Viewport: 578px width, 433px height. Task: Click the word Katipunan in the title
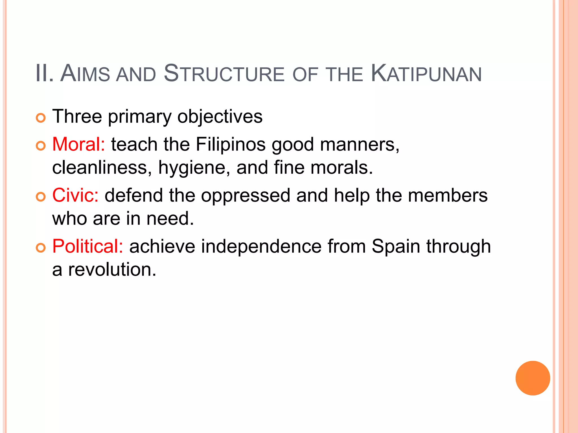(x=426, y=74)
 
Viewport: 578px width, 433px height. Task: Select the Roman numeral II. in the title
(x=45, y=74)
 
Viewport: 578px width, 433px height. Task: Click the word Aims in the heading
(x=85, y=74)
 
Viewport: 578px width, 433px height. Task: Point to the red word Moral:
(x=78, y=144)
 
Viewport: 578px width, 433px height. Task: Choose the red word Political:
(x=87, y=246)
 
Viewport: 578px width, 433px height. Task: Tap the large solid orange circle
(x=533, y=378)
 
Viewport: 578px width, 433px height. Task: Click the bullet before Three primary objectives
(x=41, y=118)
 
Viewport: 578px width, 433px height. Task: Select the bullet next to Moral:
(x=41, y=146)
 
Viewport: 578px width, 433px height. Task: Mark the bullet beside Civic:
(x=41, y=197)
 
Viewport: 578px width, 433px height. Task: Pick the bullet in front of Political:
(x=41, y=248)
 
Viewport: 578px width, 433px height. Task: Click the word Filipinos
(x=231, y=144)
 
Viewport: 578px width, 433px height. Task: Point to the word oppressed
(x=246, y=196)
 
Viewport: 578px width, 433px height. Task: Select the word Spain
(x=396, y=247)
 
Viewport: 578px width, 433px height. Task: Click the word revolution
(x=112, y=269)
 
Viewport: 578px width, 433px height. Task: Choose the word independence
(x=261, y=246)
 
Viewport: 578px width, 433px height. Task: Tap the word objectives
(x=220, y=117)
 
